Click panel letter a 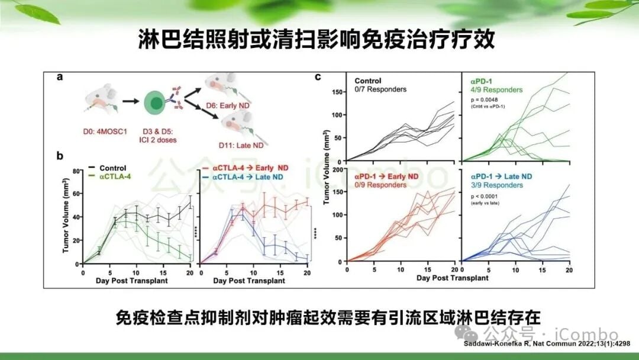pos(60,76)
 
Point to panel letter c pos(318,76)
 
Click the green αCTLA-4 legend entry pos(109,176)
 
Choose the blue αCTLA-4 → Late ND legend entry pos(243,176)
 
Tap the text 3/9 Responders pos(497,185)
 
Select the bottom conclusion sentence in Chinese pos(319,318)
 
